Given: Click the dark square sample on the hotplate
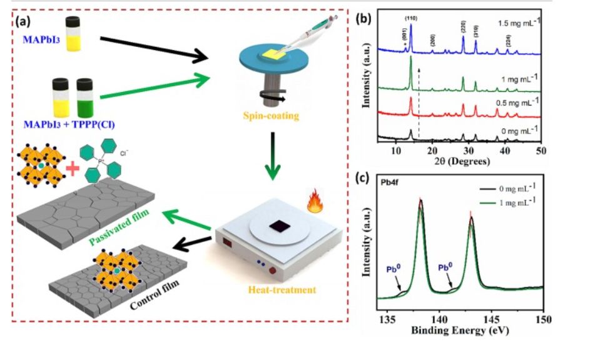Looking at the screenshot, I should pyautogui.click(x=276, y=227).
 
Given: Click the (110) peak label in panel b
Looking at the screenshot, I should pyautogui.click(x=411, y=19).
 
